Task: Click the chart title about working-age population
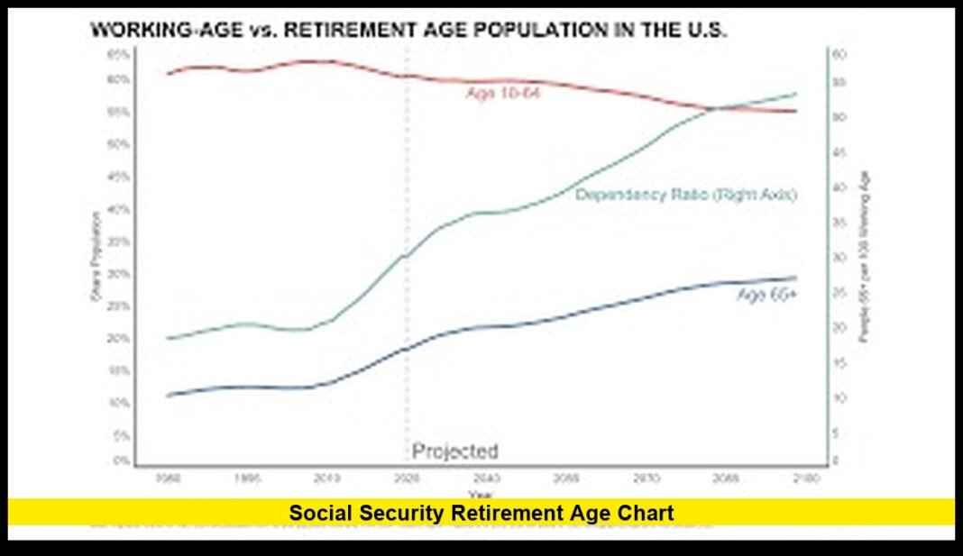[408, 31]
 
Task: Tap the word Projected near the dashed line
[454, 451]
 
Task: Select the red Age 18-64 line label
[502, 94]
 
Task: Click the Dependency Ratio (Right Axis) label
[686, 195]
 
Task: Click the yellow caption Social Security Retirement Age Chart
[481, 513]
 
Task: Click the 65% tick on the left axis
[117, 54]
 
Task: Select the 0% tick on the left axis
[120, 461]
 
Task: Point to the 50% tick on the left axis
[117, 144]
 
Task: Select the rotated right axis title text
[864, 257]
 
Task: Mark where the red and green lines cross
[717, 108]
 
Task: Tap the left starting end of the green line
[169, 338]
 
